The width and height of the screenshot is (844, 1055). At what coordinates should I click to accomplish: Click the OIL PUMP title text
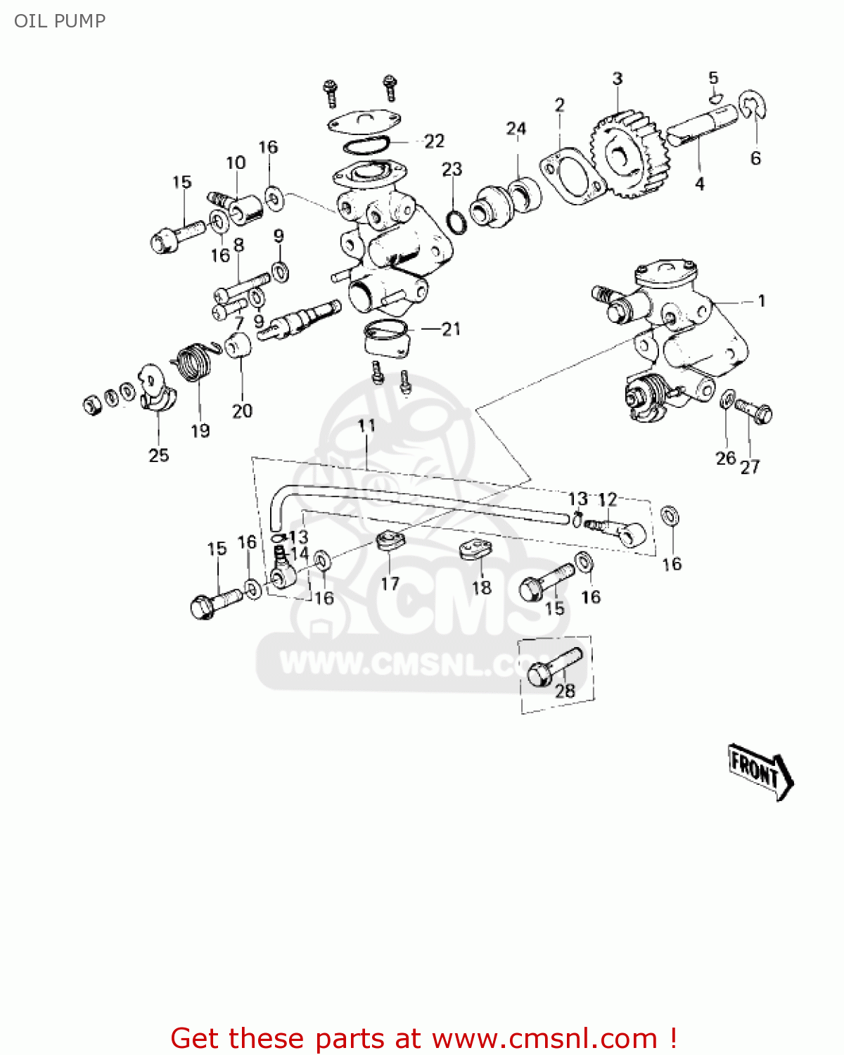tap(60, 20)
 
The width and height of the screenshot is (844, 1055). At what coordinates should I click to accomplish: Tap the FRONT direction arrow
tap(760, 771)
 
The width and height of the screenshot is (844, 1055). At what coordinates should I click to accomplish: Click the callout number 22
tap(434, 141)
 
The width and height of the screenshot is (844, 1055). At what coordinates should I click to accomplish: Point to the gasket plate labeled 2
tap(572, 176)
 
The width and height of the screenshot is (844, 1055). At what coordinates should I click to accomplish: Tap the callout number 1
tap(761, 301)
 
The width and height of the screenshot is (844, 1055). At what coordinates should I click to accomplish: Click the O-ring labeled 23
tap(457, 221)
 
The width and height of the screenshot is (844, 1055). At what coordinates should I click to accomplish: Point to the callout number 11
tap(366, 426)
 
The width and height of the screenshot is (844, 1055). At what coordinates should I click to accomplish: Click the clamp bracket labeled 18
tap(476, 549)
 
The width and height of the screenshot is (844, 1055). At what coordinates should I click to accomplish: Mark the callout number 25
tap(159, 455)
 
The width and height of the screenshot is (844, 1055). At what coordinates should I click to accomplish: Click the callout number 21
tap(450, 328)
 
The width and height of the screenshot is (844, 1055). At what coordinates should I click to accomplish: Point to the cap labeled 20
tap(238, 345)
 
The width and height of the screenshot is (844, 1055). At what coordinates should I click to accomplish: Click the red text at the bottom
tap(424, 1038)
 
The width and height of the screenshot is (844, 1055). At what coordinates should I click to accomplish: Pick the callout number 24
tap(516, 129)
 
